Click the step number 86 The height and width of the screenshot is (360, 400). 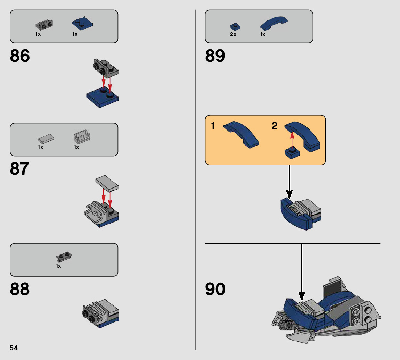tap(20, 56)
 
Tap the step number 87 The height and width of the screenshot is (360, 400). tap(20, 169)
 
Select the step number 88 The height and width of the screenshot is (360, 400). tap(20, 289)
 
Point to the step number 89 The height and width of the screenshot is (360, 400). tap(215, 56)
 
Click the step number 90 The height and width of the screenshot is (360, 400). tap(215, 289)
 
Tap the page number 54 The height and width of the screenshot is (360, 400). tap(14, 348)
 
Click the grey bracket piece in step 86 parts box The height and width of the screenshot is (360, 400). tap(44, 25)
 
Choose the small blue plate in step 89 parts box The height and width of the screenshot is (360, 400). tap(235, 26)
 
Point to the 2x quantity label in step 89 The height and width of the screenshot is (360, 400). tap(233, 34)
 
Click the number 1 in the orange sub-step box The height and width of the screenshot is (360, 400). tap(213, 126)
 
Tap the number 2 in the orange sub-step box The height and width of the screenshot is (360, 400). tap(275, 126)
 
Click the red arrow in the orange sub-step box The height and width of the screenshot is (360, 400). tap(292, 139)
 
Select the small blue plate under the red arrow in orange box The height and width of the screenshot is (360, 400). tap(292, 153)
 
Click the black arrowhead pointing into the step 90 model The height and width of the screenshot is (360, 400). tap(302, 296)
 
